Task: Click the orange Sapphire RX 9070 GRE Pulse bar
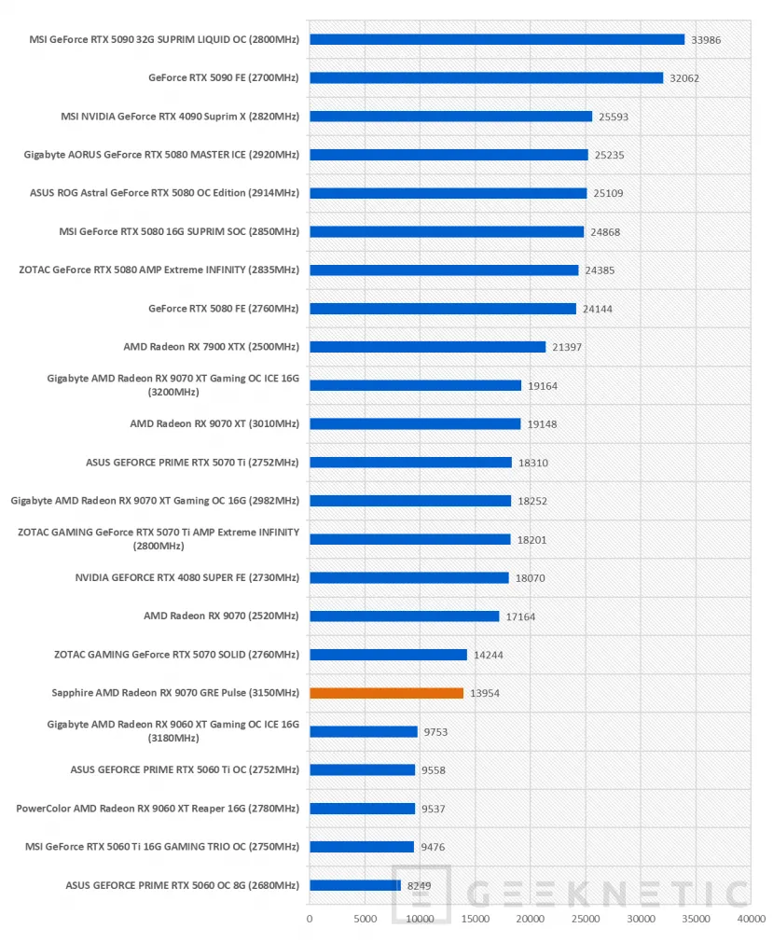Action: (x=386, y=693)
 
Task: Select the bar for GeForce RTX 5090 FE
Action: (x=487, y=77)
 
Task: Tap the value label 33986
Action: (x=706, y=40)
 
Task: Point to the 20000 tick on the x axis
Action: (x=531, y=919)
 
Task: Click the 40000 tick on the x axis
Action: (x=752, y=919)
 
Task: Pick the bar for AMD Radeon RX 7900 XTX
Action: (x=428, y=347)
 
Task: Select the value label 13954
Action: (x=485, y=693)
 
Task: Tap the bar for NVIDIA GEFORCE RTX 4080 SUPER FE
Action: (x=409, y=577)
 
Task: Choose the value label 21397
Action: (x=567, y=347)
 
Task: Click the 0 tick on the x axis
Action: (x=310, y=919)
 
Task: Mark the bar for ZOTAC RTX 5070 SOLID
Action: (x=388, y=654)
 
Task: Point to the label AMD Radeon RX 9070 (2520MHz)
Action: (x=221, y=616)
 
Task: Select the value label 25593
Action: (x=614, y=117)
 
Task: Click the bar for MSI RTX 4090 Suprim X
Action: (x=451, y=116)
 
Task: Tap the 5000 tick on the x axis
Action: (x=365, y=919)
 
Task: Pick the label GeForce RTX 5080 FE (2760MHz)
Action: (x=224, y=308)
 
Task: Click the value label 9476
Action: (x=433, y=847)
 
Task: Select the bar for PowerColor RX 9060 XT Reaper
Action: (x=362, y=808)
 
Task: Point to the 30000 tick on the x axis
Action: (x=641, y=919)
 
